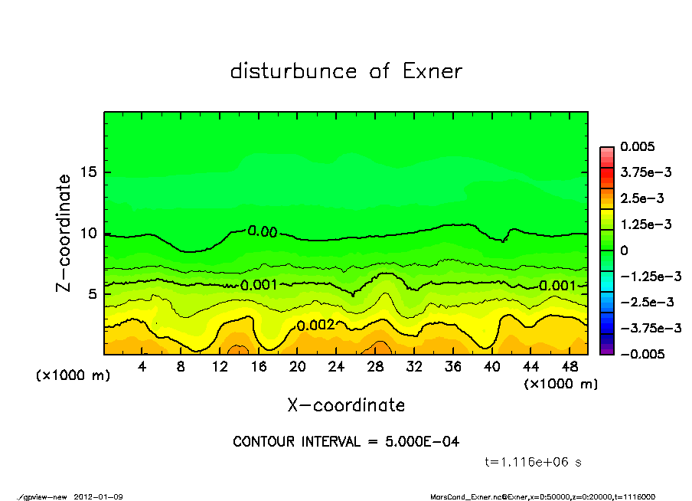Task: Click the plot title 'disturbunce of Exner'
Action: click(x=346, y=72)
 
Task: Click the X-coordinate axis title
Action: click(x=346, y=405)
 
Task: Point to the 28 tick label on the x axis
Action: click(x=375, y=367)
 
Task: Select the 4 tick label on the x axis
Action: click(x=142, y=367)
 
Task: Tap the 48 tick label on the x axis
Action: click(x=569, y=367)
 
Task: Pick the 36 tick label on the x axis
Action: click(x=452, y=367)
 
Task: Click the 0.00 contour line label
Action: click(x=263, y=231)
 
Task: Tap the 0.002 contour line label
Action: click(x=315, y=325)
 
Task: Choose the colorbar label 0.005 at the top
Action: click(x=641, y=147)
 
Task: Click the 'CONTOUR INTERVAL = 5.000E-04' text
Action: click(x=346, y=442)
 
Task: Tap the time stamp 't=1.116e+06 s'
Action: click(x=534, y=462)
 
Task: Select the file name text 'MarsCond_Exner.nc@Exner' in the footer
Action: click(x=466, y=496)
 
